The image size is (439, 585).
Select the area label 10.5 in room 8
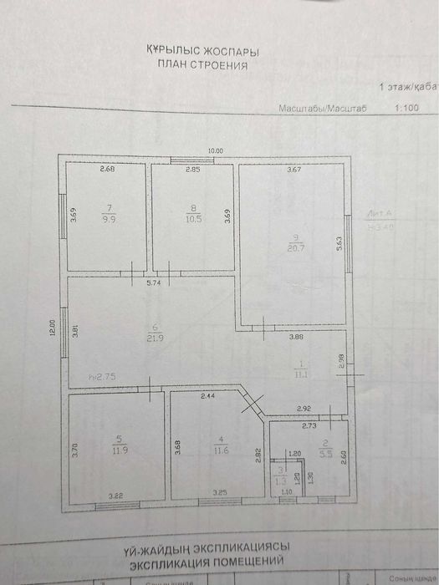pos(194,219)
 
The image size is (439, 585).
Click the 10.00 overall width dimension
pos(216,150)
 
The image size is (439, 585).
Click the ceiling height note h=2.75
pos(101,378)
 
